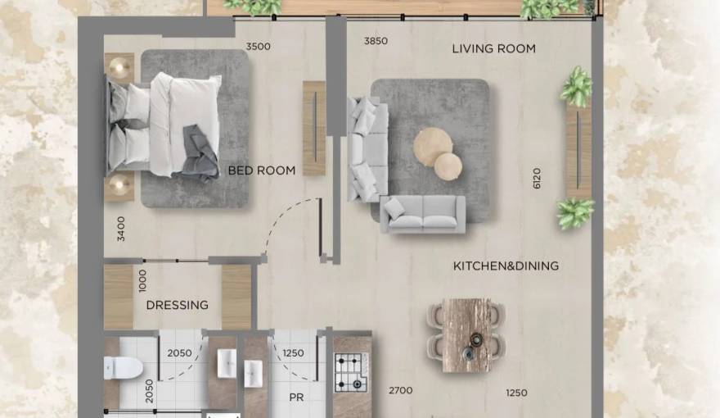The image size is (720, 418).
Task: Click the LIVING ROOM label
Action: [493, 49]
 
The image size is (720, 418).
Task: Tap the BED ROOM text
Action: [262, 170]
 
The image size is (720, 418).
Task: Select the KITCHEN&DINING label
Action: [506, 266]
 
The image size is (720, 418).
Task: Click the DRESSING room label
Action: [177, 305]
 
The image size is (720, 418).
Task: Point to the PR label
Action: [296, 397]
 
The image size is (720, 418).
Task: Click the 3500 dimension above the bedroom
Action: [258, 47]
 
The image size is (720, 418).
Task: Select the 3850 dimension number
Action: [376, 41]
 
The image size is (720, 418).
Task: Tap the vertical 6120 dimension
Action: [537, 179]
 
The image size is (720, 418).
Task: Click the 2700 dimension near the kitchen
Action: [400, 392]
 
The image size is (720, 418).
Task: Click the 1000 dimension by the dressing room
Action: [142, 280]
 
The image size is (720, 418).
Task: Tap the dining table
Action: [466, 334]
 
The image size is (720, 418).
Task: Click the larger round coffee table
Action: [432, 147]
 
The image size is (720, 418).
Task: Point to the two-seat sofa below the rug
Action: [422, 214]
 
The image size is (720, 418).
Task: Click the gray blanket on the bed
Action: [200, 152]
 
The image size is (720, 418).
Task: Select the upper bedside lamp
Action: [120, 67]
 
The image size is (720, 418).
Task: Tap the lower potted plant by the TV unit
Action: [574, 213]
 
